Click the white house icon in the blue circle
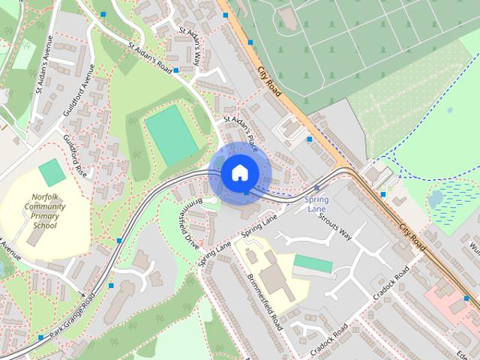pos(239,172)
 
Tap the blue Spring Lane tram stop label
pos(316,205)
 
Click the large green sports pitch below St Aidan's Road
pos(172,133)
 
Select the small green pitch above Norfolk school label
pos(52,172)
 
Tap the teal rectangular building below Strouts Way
pos(311,264)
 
